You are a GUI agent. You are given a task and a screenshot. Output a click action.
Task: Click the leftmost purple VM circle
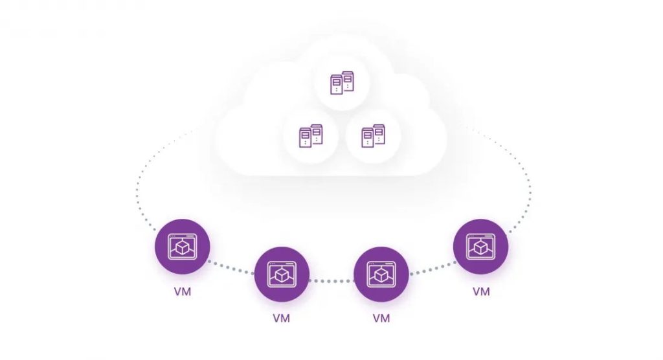tap(183, 247)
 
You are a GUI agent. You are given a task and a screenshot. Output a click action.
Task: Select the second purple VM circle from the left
tap(282, 275)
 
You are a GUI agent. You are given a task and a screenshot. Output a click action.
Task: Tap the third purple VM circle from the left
tap(381, 275)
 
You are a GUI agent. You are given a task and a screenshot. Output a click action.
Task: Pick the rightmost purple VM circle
tap(480, 247)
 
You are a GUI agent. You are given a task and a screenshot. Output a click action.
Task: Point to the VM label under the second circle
tap(282, 319)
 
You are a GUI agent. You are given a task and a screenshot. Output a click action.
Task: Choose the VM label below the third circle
tap(381, 319)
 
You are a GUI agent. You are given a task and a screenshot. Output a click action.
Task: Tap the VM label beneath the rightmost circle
tap(480, 291)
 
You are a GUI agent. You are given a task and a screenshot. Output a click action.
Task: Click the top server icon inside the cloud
tap(342, 83)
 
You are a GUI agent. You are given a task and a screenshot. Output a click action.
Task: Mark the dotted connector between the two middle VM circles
tap(331, 280)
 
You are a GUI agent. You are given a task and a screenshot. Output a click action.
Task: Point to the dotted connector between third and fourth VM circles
tap(432, 267)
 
